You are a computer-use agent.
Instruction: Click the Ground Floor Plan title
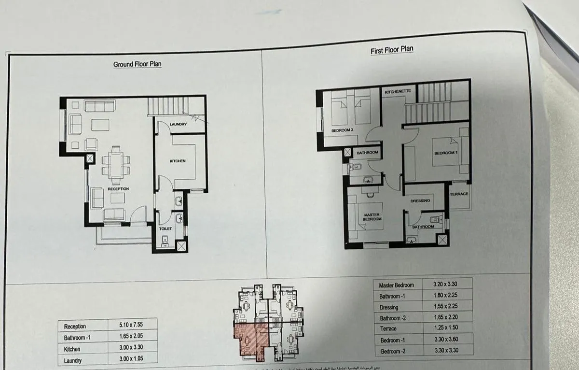[137, 64]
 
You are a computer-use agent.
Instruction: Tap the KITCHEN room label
[178, 161]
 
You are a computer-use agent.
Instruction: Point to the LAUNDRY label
[178, 125]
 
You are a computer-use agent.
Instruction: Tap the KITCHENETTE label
[398, 92]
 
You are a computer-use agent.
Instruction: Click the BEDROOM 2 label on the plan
[343, 131]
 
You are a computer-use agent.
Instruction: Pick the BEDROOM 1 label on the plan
[445, 153]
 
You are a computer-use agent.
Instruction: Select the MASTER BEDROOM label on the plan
[372, 216]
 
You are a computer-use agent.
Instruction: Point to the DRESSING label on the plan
[420, 201]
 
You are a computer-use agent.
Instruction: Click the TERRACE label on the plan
[459, 194]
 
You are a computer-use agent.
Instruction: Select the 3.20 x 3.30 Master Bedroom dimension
[446, 284]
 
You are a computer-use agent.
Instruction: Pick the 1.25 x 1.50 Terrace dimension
[446, 328]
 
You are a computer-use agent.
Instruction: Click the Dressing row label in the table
[389, 307]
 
